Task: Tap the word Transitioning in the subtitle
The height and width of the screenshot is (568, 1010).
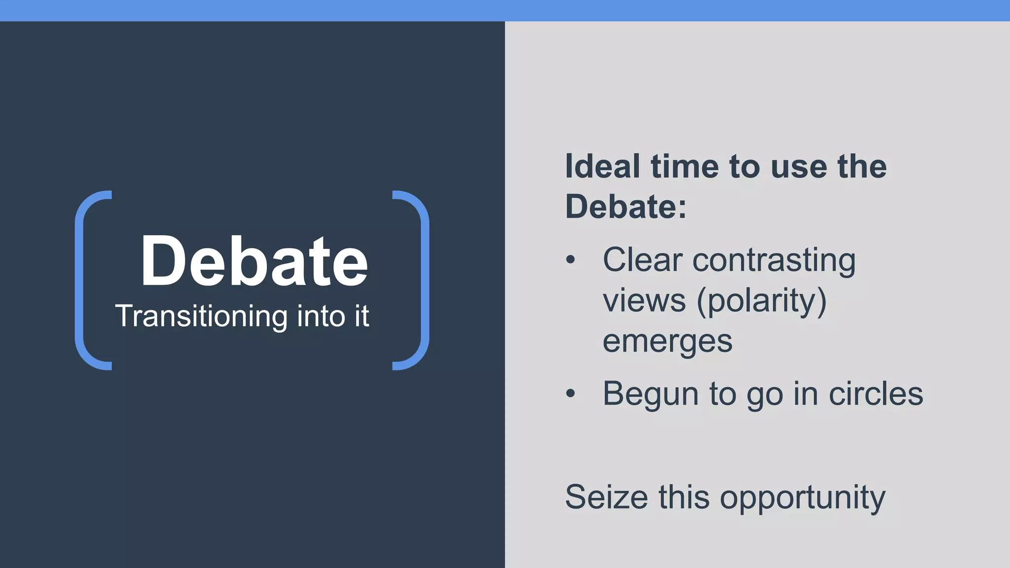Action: point(201,316)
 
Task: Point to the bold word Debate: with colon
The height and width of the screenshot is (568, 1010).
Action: point(626,206)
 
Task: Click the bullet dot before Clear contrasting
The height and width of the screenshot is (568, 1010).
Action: point(571,259)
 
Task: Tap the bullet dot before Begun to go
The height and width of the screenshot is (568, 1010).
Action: point(571,393)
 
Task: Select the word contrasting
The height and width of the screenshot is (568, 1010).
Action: point(774,260)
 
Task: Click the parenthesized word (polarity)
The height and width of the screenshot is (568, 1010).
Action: point(761,300)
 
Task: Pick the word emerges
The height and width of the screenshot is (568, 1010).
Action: point(667,341)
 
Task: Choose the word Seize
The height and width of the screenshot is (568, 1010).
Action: point(606,497)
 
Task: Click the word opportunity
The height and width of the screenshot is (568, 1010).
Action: point(802,498)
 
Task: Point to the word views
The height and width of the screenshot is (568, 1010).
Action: point(644,300)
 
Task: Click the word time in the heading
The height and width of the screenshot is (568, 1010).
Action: point(685,166)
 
